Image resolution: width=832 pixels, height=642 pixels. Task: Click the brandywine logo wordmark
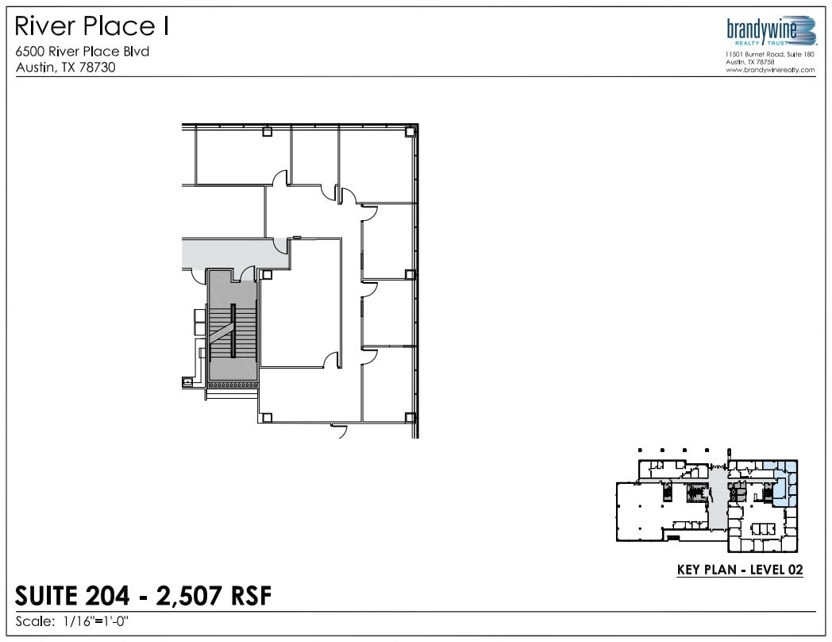[761, 29]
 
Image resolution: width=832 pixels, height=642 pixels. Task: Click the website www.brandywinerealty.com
[770, 70]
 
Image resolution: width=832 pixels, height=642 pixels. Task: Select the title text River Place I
[92, 27]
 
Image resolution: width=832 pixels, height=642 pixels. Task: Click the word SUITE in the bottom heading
[48, 596]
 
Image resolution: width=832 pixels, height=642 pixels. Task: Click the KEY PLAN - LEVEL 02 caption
[739, 570]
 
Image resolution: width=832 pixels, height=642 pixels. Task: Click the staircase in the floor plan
[233, 330]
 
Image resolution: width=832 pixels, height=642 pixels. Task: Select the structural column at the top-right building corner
[410, 132]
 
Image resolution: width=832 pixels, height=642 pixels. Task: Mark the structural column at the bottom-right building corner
[410, 417]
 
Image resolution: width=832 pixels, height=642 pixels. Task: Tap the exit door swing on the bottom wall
[339, 431]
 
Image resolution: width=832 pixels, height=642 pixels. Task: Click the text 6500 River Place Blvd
[83, 52]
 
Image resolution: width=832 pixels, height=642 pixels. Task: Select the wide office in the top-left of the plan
[242, 157]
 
